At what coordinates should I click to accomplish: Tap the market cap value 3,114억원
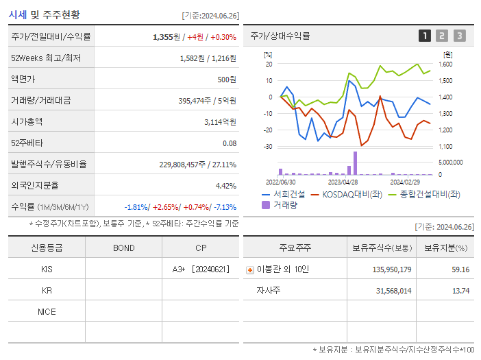tap(220, 122)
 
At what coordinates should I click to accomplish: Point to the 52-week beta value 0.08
tap(230, 143)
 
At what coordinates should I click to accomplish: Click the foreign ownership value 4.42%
tap(225, 186)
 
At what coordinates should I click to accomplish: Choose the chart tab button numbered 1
tap(425, 36)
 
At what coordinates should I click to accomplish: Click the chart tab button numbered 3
tap(459, 36)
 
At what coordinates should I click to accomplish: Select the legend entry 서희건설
tap(288, 195)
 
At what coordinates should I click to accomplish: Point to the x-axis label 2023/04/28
tap(343, 182)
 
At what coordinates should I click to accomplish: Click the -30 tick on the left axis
tap(268, 147)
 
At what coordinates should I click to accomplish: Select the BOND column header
tap(123, 248)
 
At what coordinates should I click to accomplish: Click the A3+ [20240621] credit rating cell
tap(201, 269)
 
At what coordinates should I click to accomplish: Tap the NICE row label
tap(47, 312)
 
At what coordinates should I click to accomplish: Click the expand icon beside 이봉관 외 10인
tap(249, 270)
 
